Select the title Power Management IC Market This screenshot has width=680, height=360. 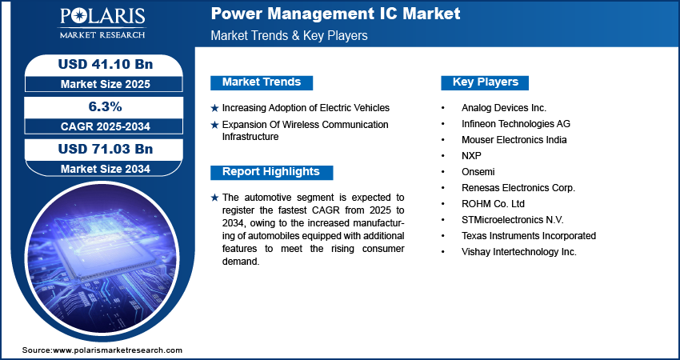[x=335, y=14]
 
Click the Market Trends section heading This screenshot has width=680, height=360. [x=262, y=82]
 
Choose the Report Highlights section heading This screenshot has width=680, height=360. [x=271, y=172]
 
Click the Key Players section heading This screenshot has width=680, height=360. [x=486, y=82]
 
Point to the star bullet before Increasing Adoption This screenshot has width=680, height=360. [x=214, y=108]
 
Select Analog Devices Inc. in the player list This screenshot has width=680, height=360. [x=502, y=107]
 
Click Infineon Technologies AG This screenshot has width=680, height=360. [x=516, y=123]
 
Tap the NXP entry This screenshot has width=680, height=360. [x=472, y=155]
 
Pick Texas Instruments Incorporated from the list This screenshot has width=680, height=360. [x=529, y=235]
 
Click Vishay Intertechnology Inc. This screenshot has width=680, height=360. [x=518, y=251]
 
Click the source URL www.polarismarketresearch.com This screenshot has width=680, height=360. [x=118, y=350]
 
